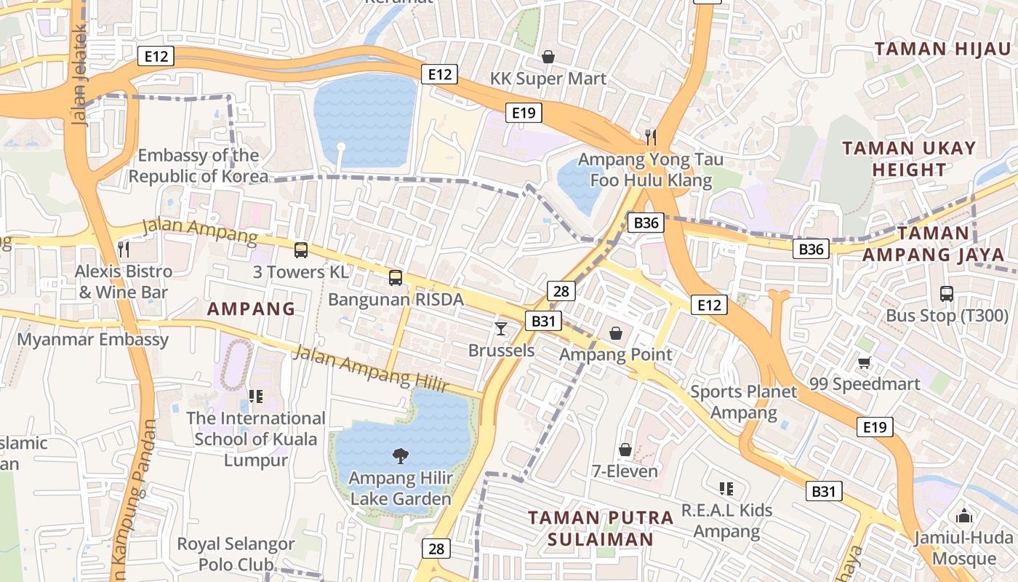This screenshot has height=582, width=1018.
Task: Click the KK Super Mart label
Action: click(548, 79)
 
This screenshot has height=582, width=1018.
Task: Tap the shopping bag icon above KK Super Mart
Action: click(548, 56)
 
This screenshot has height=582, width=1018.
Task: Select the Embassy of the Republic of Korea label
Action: click(198, 166)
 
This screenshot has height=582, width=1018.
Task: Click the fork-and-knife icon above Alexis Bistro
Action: click(124, 250)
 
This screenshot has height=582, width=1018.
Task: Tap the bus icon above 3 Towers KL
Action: click(300, 250)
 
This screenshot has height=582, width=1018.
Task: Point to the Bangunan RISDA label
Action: click(396, 300)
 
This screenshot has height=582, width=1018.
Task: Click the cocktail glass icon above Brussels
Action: click(500, 328)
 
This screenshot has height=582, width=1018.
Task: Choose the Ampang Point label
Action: click(615, 355)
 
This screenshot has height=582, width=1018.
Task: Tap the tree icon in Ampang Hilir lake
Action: click(400, 456)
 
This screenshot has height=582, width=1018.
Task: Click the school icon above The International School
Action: click(255, 396)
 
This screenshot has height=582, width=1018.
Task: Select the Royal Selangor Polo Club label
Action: click(236, 554)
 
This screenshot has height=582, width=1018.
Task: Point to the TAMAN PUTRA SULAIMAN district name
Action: click(601, 528)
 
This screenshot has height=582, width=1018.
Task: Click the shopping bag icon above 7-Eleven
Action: click(625, 450)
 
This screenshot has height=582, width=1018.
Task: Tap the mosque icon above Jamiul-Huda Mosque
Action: click(964, 516)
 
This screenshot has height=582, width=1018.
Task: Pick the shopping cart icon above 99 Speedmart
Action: click(864, 362)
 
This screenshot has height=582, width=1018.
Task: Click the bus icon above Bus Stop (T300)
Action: click(946, 294)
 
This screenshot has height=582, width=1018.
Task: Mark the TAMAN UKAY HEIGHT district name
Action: click(909, 159)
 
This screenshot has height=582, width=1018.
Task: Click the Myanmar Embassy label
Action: click(92, 340)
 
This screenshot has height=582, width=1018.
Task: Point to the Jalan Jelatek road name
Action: click(80, 76)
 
